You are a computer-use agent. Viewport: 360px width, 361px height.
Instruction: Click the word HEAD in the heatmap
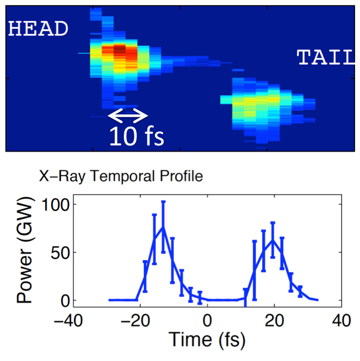click(x=38, y=29)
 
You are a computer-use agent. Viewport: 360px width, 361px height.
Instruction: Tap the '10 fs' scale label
click(x=136, y=136)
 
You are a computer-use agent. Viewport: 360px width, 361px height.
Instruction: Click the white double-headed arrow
click(x=128, y=116)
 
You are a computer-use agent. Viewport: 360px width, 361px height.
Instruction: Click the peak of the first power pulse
click(x=163, y=227)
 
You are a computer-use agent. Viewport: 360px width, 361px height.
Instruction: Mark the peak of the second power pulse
click(x=272, y=240)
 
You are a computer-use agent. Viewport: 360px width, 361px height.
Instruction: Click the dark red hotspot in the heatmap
click(x=119, y=50)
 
